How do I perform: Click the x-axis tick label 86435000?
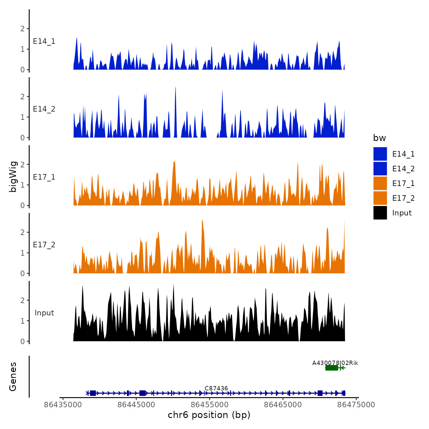[63, 405]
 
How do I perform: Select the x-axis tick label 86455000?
[210, 405]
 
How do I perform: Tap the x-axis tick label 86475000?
[356, 405]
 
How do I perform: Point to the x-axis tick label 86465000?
[283, 405]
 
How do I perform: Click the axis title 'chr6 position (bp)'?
[209, 415]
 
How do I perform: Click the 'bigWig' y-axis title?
[13, 177]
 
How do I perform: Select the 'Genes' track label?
[13, 377]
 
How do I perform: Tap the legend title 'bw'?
[379, 138]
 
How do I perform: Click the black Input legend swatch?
[380, 213]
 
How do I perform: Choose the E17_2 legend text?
[403, 198]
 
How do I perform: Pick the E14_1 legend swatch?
[380, 154]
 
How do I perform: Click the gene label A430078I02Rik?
[335, 363]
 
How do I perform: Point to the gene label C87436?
[216, 388]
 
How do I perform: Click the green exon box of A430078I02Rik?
[332, 368]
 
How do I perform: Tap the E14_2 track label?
[44, 109]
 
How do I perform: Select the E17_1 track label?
[44, 177]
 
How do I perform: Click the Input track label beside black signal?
[44, 313]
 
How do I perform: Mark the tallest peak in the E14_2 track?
[176, 87]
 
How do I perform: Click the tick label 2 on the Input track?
[22, 300]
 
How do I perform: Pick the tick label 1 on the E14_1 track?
[22, 49]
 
